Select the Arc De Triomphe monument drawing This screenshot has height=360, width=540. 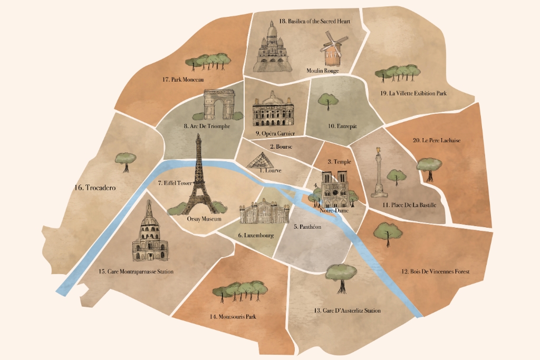coord(219,105)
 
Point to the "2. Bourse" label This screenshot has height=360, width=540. coord(281,147)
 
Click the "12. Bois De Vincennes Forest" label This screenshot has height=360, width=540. coord(435,272)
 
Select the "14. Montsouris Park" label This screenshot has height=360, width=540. coord(236,317)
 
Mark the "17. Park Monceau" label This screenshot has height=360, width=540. coord(183,80)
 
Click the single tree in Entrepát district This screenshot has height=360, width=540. coord(329,101)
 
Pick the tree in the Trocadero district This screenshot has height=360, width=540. coord(126,161)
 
